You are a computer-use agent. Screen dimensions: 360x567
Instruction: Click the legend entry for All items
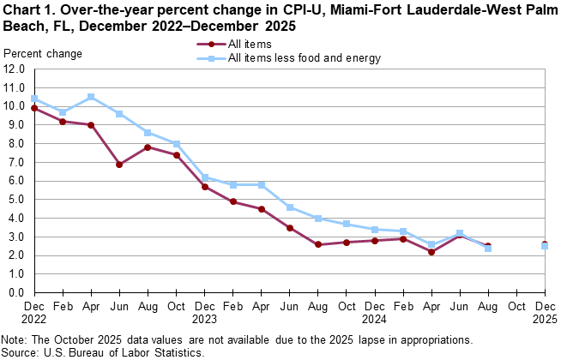(248, 43)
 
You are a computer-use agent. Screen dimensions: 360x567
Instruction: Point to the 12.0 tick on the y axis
(15, 88)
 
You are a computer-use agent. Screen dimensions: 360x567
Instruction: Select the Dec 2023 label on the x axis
(205, 311)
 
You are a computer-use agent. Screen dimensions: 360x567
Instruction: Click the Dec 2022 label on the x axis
(34, 311)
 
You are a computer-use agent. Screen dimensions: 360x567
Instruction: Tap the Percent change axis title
(43, 55)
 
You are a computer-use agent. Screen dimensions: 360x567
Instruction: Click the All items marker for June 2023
(119, 165)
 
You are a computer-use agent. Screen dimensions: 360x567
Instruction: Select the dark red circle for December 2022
(34, 108)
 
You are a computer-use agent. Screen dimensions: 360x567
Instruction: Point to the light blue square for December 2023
(205, 177)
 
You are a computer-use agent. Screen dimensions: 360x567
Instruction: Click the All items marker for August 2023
(148, 147)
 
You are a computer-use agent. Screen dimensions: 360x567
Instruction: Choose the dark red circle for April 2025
(431, 252)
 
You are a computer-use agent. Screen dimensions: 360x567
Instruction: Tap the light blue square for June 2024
(290, 207)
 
